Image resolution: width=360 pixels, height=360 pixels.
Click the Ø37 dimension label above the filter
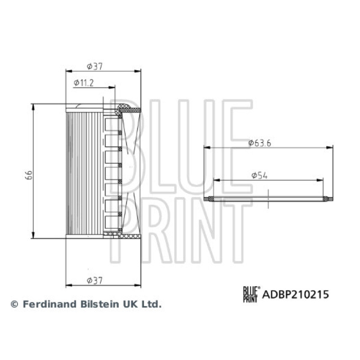(94, 66)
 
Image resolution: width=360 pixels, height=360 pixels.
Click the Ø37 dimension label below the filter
(94, 280)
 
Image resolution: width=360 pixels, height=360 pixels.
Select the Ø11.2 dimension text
(84, 83)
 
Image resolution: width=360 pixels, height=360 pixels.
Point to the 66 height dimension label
(29, 175)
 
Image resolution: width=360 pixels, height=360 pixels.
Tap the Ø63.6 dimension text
(260, 143)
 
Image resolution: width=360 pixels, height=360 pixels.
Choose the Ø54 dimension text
(260, 175)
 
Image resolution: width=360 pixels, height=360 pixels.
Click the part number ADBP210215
(296, 294)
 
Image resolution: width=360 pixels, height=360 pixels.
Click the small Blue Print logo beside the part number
(252, 294)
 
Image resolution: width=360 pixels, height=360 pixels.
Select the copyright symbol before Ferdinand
(14, 304)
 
